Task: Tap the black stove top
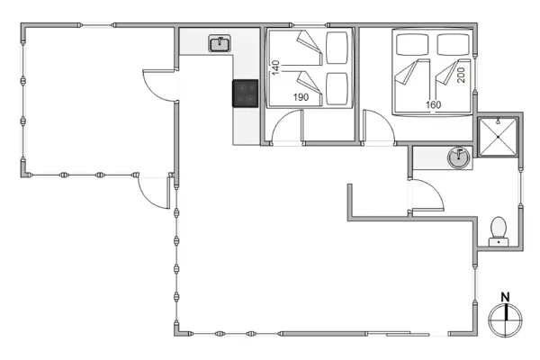[246, 94]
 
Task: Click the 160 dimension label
[434, 105]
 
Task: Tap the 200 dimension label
[461, 75]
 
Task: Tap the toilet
[497, 232]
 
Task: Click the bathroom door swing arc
[427, 193]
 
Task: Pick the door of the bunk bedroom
[286, 129]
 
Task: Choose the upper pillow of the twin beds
[337, 47]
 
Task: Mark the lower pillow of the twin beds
[337, 88]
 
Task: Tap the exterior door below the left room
[153, 192]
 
